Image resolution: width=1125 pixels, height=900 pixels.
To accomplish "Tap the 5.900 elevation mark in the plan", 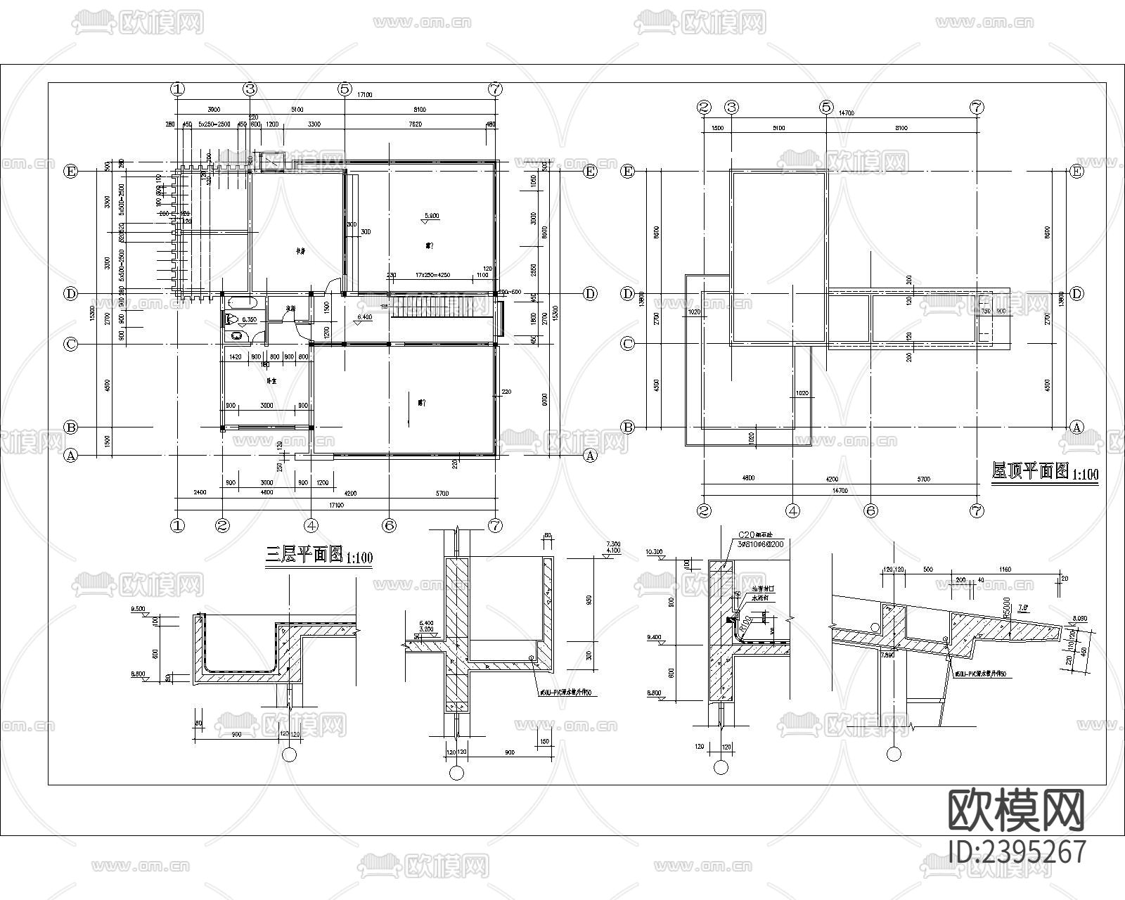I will click(x=432, y=216).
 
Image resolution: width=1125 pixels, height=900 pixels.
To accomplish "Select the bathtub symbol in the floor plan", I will click(x=243, y=304).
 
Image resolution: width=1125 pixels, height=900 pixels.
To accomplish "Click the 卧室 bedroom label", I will click(x=270, y=381).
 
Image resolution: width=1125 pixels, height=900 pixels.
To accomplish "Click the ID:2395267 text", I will click(x=1016, y=851).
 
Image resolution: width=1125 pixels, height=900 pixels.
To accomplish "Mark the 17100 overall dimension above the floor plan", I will click(x=364, y=94).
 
